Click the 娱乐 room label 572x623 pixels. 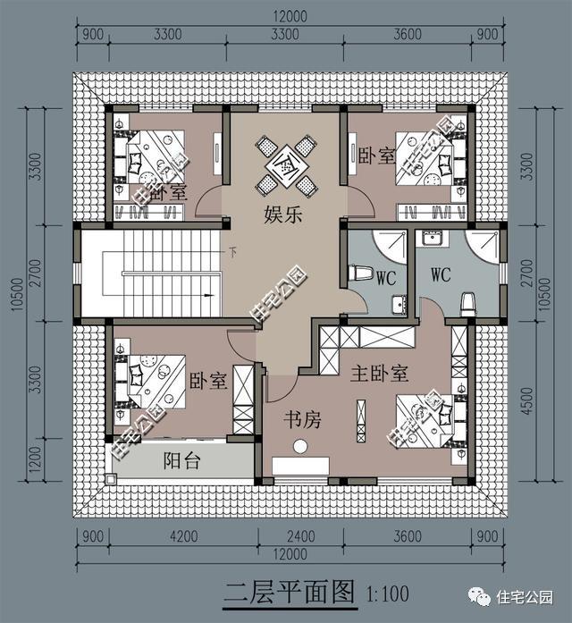(x=282, y=215)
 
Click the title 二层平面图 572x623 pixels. (x=289, y=592)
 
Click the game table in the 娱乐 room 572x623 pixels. (x=284, y=165)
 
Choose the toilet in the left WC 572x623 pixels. (x=362, y=272)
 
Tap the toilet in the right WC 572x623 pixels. (x=467, y=303)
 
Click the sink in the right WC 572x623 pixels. (x=433, y=240)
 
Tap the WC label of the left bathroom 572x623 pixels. (x=386, y=278)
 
